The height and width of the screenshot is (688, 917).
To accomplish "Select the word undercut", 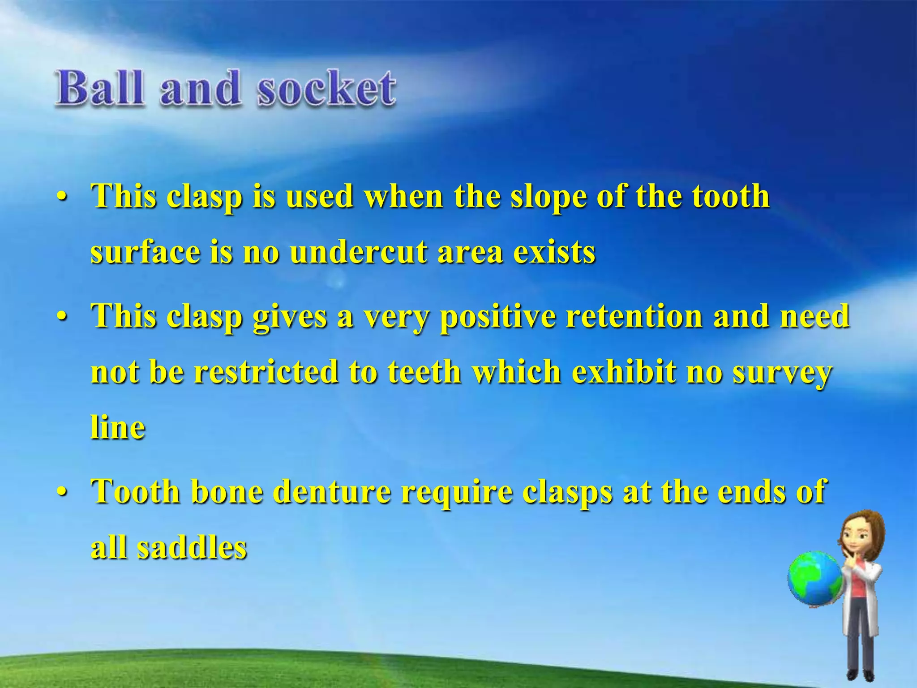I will pyautogui.click(x=360, y=252).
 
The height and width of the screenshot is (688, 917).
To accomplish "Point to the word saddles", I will pyautogui.click(x=192, y=547).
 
